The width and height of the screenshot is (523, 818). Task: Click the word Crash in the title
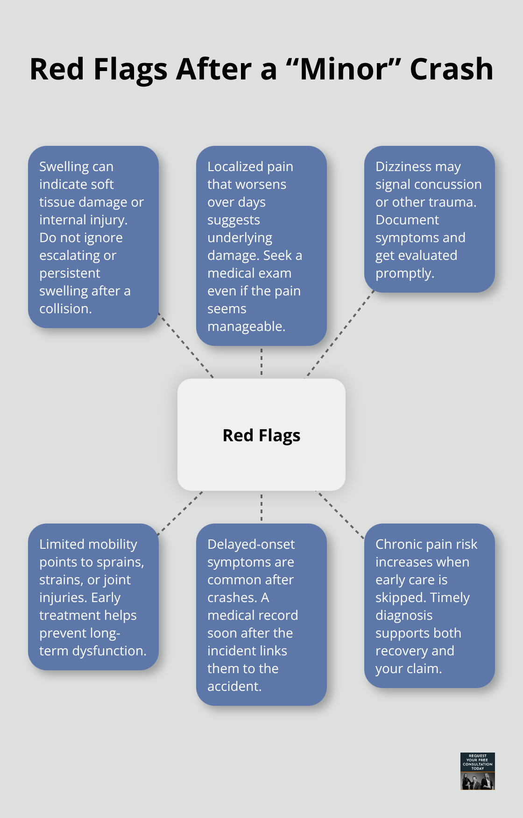tap(451, 69)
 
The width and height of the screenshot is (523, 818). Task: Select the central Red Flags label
tap(261, 435)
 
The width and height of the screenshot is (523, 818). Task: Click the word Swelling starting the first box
tap(64, 166)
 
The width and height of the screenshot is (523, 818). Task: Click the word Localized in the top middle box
tap(234, 166)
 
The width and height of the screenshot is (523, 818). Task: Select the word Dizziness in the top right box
tap(403, 166)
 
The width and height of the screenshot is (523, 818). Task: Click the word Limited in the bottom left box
tap(62, 544)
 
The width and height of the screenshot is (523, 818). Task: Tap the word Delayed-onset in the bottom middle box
tap(251, 544)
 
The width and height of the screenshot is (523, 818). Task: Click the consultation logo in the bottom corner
tap(477, 771)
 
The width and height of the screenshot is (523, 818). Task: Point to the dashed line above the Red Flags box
tap(261, 362)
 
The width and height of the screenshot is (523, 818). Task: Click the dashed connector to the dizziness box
tap(340, 334)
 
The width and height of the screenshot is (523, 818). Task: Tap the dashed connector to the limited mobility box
tap(180, 513)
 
